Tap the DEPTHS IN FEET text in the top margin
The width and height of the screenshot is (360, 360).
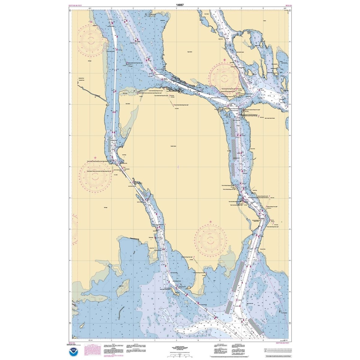point(75,5)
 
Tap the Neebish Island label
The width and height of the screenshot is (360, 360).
point(173,146)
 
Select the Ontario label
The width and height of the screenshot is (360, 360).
point(264,21)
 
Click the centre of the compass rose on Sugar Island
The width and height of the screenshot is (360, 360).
point(224,77)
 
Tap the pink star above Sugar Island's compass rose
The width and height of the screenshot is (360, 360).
point(225,60)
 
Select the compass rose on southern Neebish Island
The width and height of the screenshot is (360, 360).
point(210,239)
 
